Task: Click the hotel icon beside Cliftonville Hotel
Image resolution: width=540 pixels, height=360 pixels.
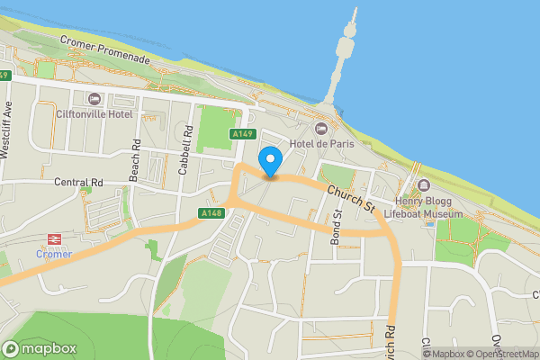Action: tap(94, 98)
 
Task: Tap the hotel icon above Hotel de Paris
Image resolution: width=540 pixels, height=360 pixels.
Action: tap(322, 128)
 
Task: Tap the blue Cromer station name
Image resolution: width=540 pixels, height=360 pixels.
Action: tap(54, 254)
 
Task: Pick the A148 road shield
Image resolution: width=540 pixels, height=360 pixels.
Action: tap(211, 213)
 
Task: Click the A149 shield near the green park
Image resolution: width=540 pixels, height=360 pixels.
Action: tap(239, 134)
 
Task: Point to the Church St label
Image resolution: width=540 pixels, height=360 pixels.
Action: tap(351, 198)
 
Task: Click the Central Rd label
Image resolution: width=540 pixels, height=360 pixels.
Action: tap(79, 182)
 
